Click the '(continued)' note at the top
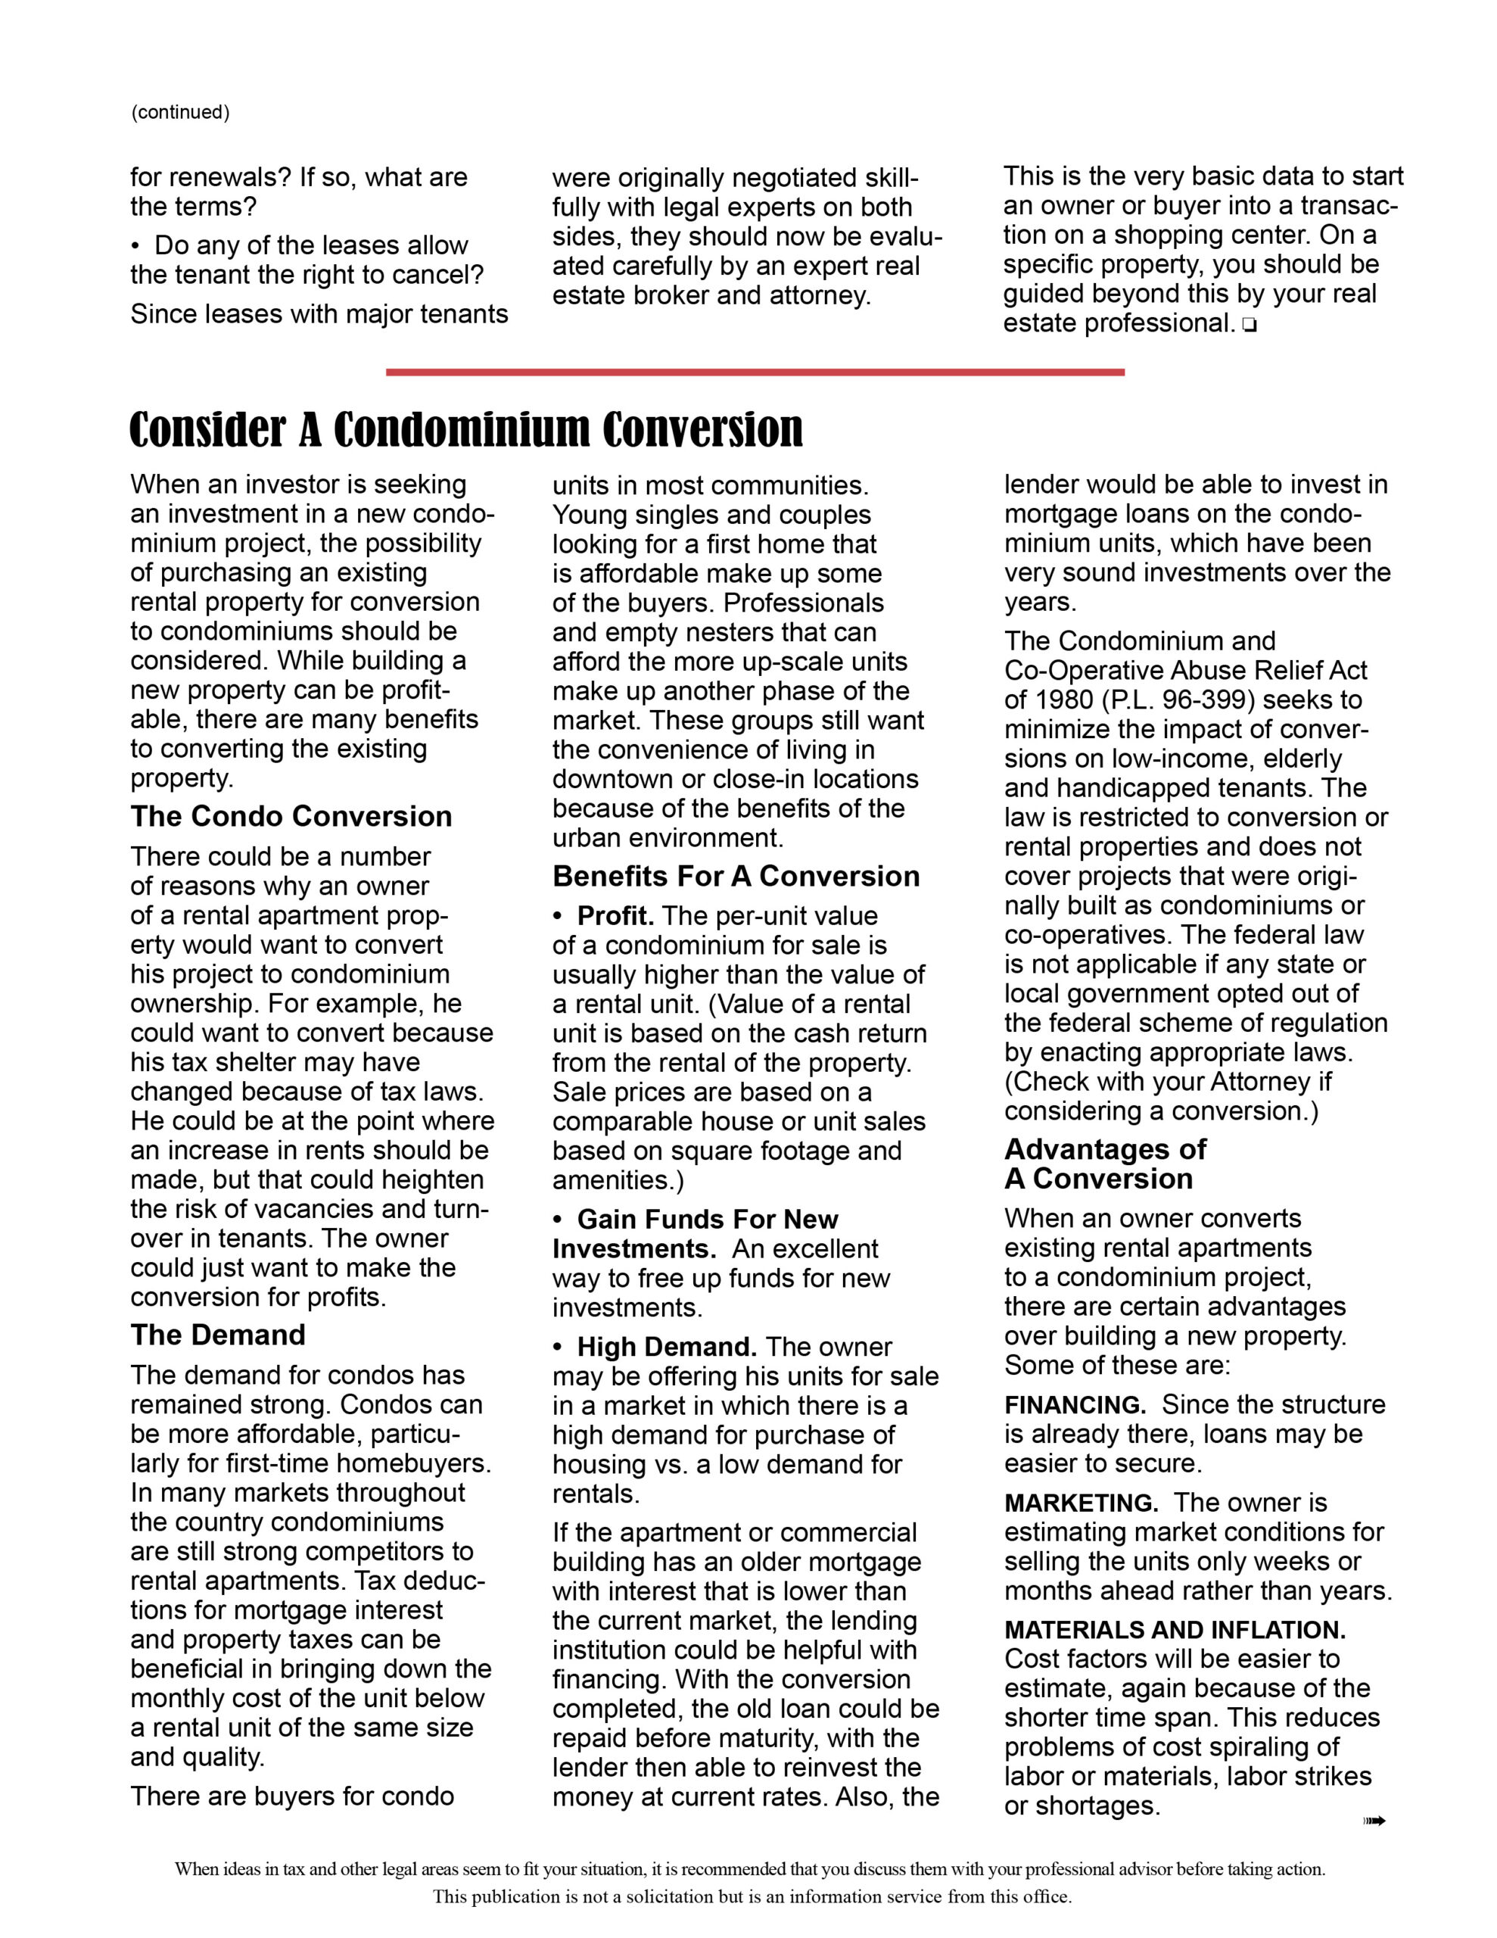click(180, 113)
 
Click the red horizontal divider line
click(755, 372)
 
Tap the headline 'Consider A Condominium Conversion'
click(466, 429)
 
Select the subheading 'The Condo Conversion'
click(291, 816)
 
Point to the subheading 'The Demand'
click(217, 1335)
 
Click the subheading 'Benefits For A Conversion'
click(736, 876)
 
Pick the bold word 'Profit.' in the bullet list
click(616, 916)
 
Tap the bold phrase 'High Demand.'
click(667, 1347)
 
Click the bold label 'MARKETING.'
click(1081, 1503)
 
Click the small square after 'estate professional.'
click(1250, 326)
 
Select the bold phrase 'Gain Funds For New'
click(707, 1220)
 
